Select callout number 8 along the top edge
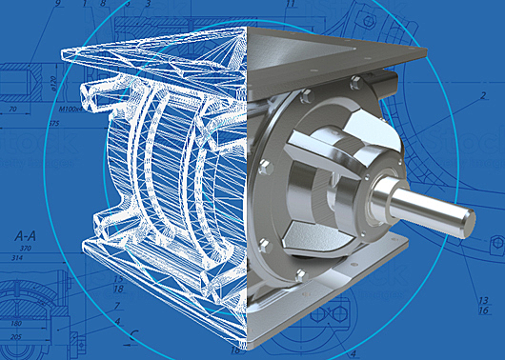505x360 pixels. pos(102,5)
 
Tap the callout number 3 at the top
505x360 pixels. pos(149,5)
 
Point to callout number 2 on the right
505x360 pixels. pos(484,97)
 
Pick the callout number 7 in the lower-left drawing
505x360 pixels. pos(116,306)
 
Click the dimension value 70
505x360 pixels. pos(14,111)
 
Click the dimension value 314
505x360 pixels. pos(16,258)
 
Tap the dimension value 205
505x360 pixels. pos(15,337)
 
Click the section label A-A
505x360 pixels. pos(25,233)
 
